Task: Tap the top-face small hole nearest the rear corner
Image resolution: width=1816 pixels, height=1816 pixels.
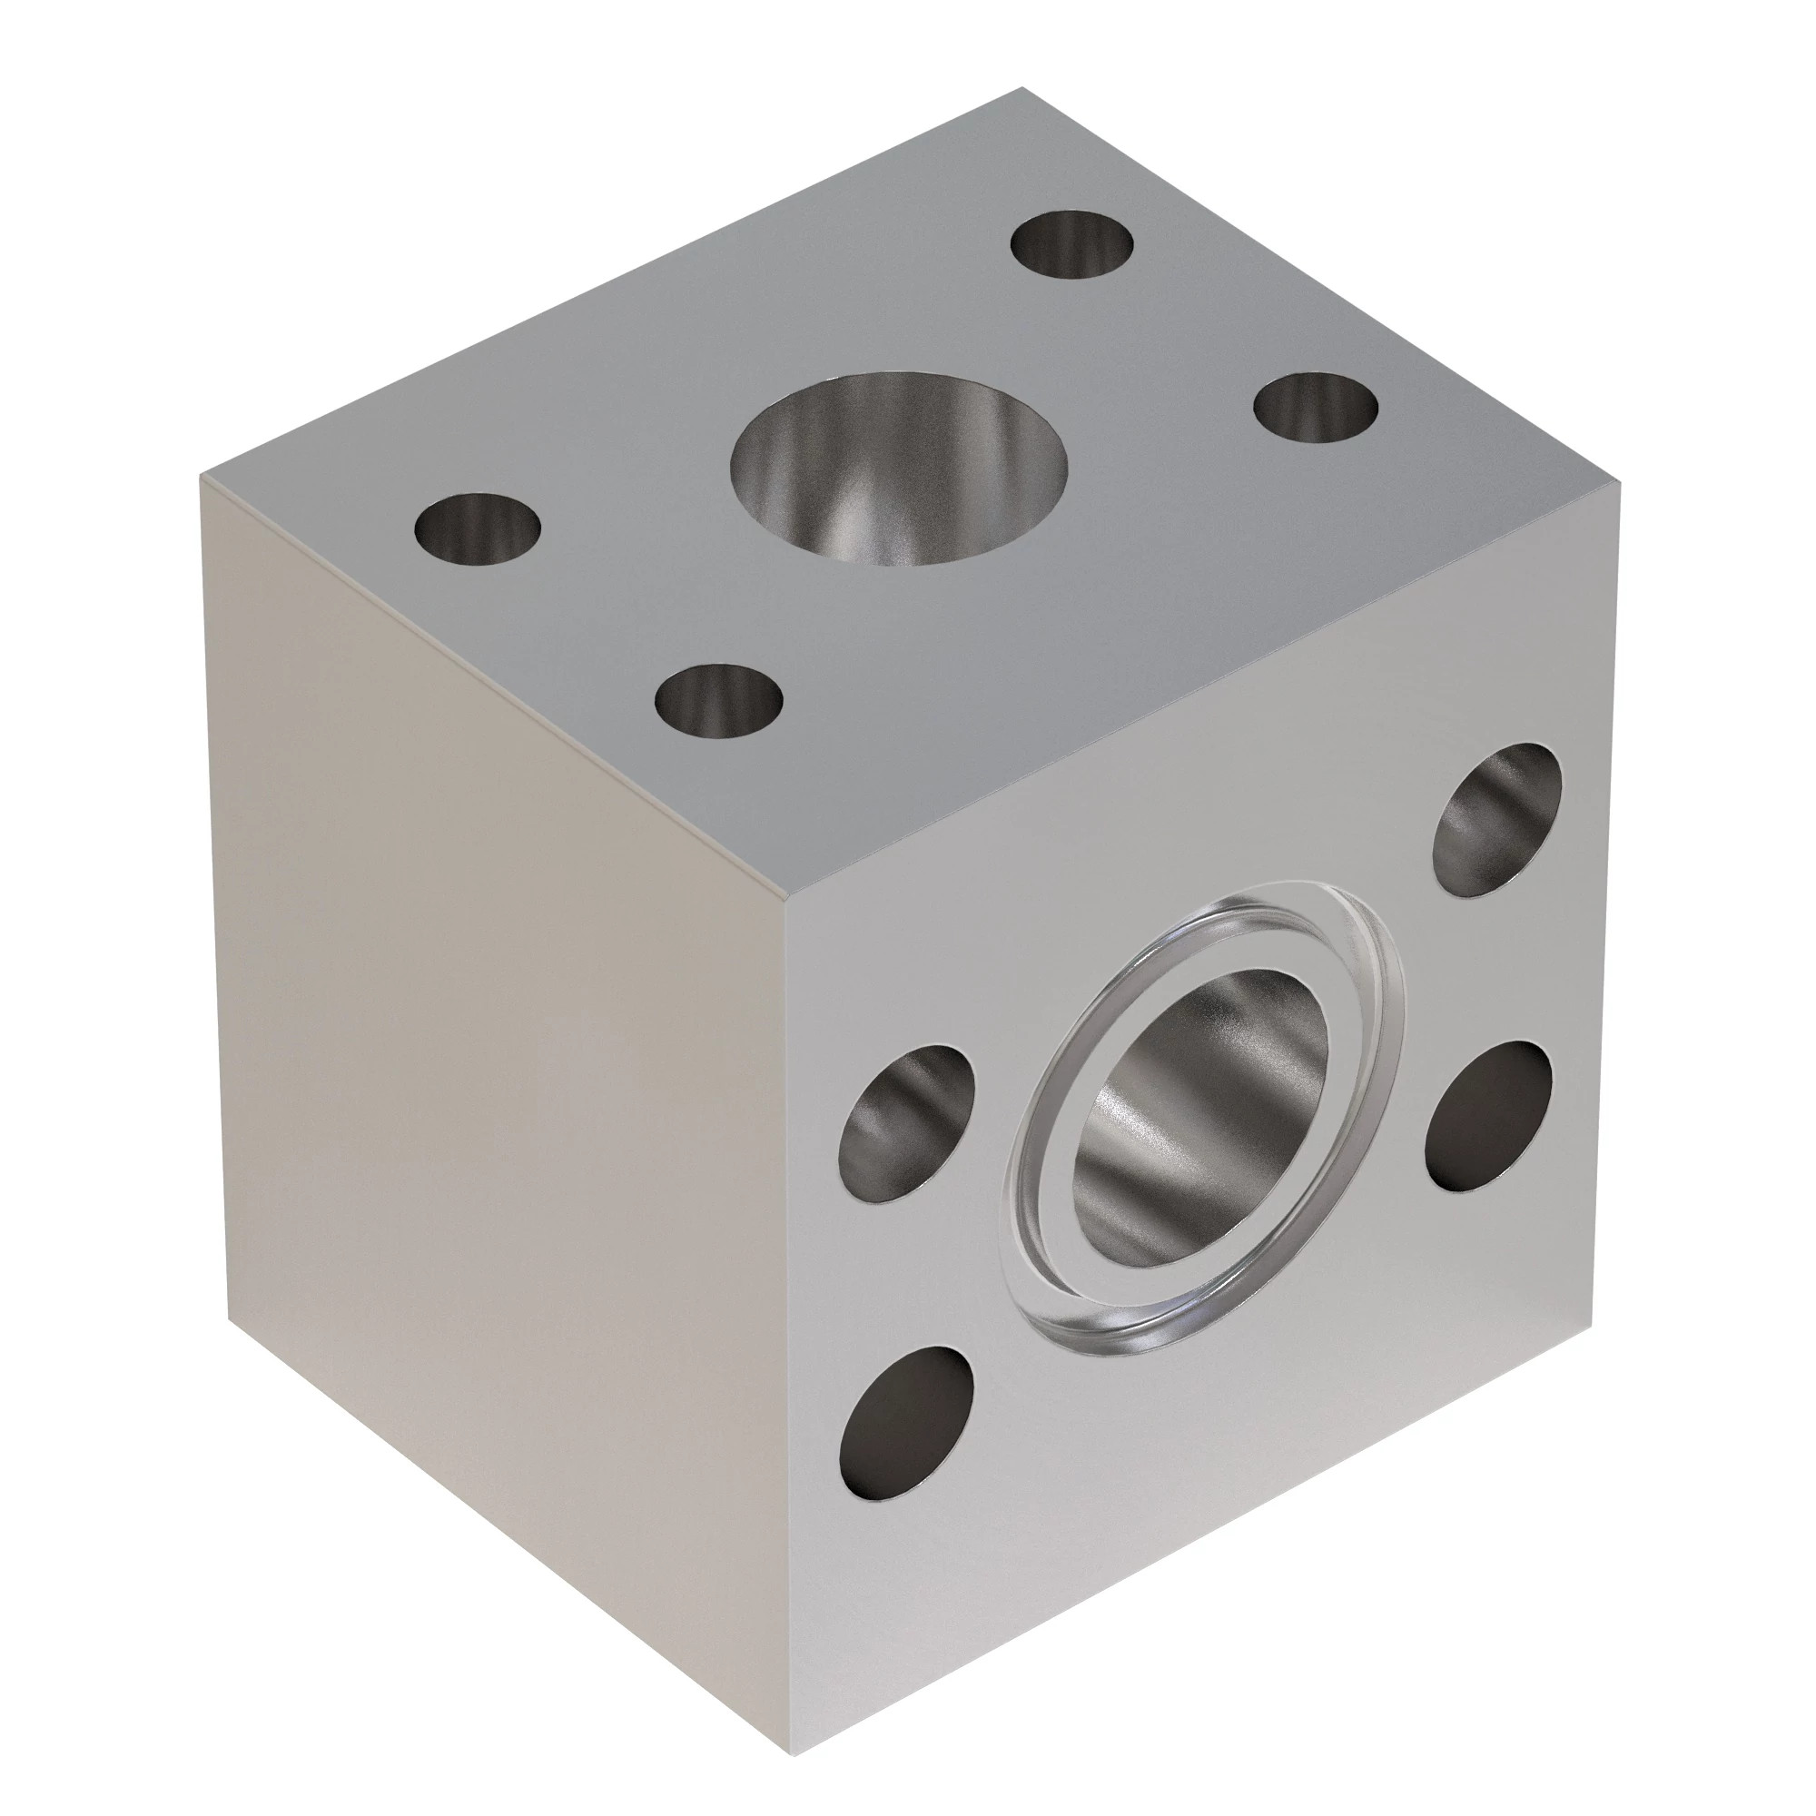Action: pos(1071,244)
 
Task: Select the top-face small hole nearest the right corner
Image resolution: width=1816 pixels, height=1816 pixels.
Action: pos(1316,408)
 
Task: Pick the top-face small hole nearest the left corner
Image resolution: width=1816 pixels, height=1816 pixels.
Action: pos(477,528)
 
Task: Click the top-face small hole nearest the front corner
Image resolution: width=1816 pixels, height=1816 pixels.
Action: pos(720,700)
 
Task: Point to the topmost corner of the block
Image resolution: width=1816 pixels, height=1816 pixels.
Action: pos(1021,88)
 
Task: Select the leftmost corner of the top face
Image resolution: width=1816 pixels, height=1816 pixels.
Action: pos(202,477)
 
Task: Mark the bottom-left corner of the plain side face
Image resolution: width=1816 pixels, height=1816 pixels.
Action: pos(229,1316)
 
